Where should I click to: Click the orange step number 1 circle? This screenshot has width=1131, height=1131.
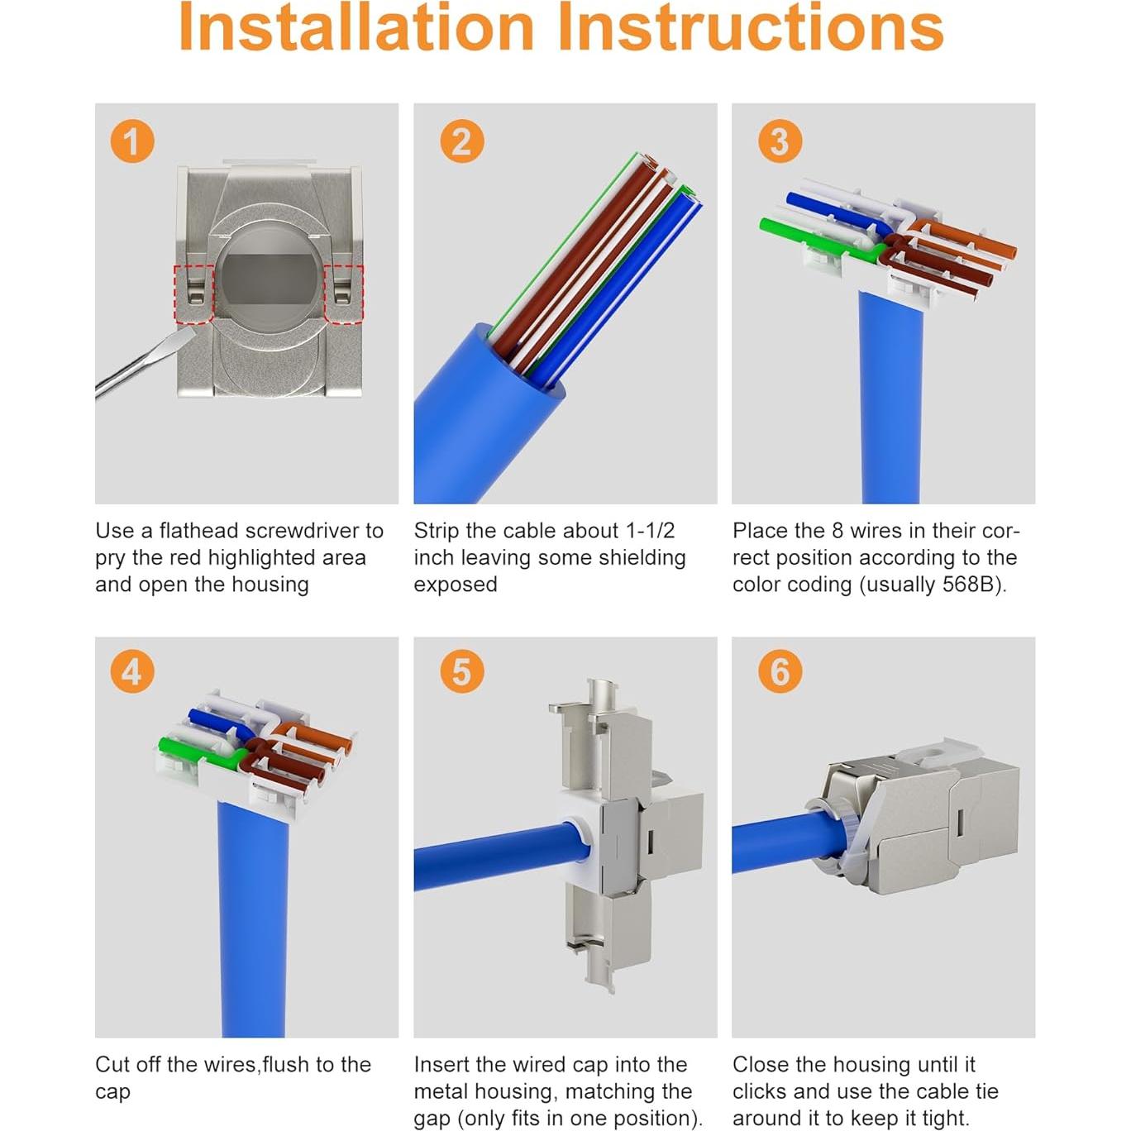pos(132,141)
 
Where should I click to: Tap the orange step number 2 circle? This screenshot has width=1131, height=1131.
pos(461,141)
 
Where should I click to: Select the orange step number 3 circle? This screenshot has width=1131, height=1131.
pos(780,141)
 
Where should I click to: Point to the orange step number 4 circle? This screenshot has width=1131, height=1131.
pos(132,671)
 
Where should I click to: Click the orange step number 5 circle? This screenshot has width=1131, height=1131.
pos(461,671)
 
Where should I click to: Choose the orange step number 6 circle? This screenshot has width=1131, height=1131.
pos(780,671)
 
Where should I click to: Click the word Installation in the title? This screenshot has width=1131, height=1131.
pos(356,28)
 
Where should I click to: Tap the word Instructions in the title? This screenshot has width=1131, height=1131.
pos(751,28)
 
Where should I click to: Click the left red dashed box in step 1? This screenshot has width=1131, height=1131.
pos(193,293)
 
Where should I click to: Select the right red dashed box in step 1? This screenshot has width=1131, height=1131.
pos(343,293)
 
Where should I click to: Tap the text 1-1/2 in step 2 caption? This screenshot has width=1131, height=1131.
pos(650,531)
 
